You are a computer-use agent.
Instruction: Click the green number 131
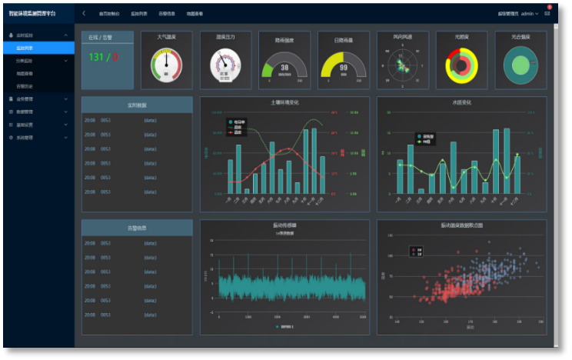pos(96,57)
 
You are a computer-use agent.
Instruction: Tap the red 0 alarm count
pos(115,57)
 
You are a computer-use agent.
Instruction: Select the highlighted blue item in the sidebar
pos(38,48)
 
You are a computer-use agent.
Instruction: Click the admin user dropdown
pos(530,14)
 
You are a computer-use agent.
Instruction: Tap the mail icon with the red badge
pos(547,13)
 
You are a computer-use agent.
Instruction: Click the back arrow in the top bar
pos(84,14)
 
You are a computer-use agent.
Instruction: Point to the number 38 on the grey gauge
pos(284,67)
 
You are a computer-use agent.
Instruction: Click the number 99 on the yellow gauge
pos(343,67)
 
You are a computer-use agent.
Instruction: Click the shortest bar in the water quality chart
pos(421,191)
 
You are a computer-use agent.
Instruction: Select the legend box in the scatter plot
pos(416,252)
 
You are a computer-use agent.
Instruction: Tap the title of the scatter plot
pos(461,225)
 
